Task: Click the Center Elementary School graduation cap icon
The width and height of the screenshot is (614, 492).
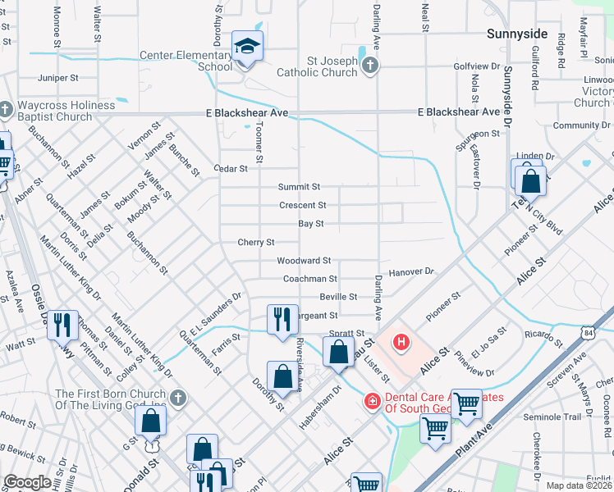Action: pos(245,48)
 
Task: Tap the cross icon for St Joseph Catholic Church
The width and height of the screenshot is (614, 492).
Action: pos(370,65)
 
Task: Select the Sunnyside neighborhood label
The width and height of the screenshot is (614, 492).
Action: pos(516,34)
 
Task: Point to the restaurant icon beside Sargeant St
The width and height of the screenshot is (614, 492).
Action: pos(282,319)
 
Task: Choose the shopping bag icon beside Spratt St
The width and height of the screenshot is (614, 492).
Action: pos(338,353)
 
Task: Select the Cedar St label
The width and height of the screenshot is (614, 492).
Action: pos(231,168)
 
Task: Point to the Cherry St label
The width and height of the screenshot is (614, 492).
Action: pos(255,242)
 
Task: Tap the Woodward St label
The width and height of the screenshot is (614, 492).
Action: pos(304,260)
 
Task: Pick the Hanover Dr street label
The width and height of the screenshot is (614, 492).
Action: pos(410,270)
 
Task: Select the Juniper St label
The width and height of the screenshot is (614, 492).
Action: pos(57,78)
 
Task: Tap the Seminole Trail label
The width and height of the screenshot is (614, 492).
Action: pos(552,417)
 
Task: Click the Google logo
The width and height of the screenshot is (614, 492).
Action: pos(28,482)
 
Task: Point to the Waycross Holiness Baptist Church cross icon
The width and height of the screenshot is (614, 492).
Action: pos(6,108)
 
